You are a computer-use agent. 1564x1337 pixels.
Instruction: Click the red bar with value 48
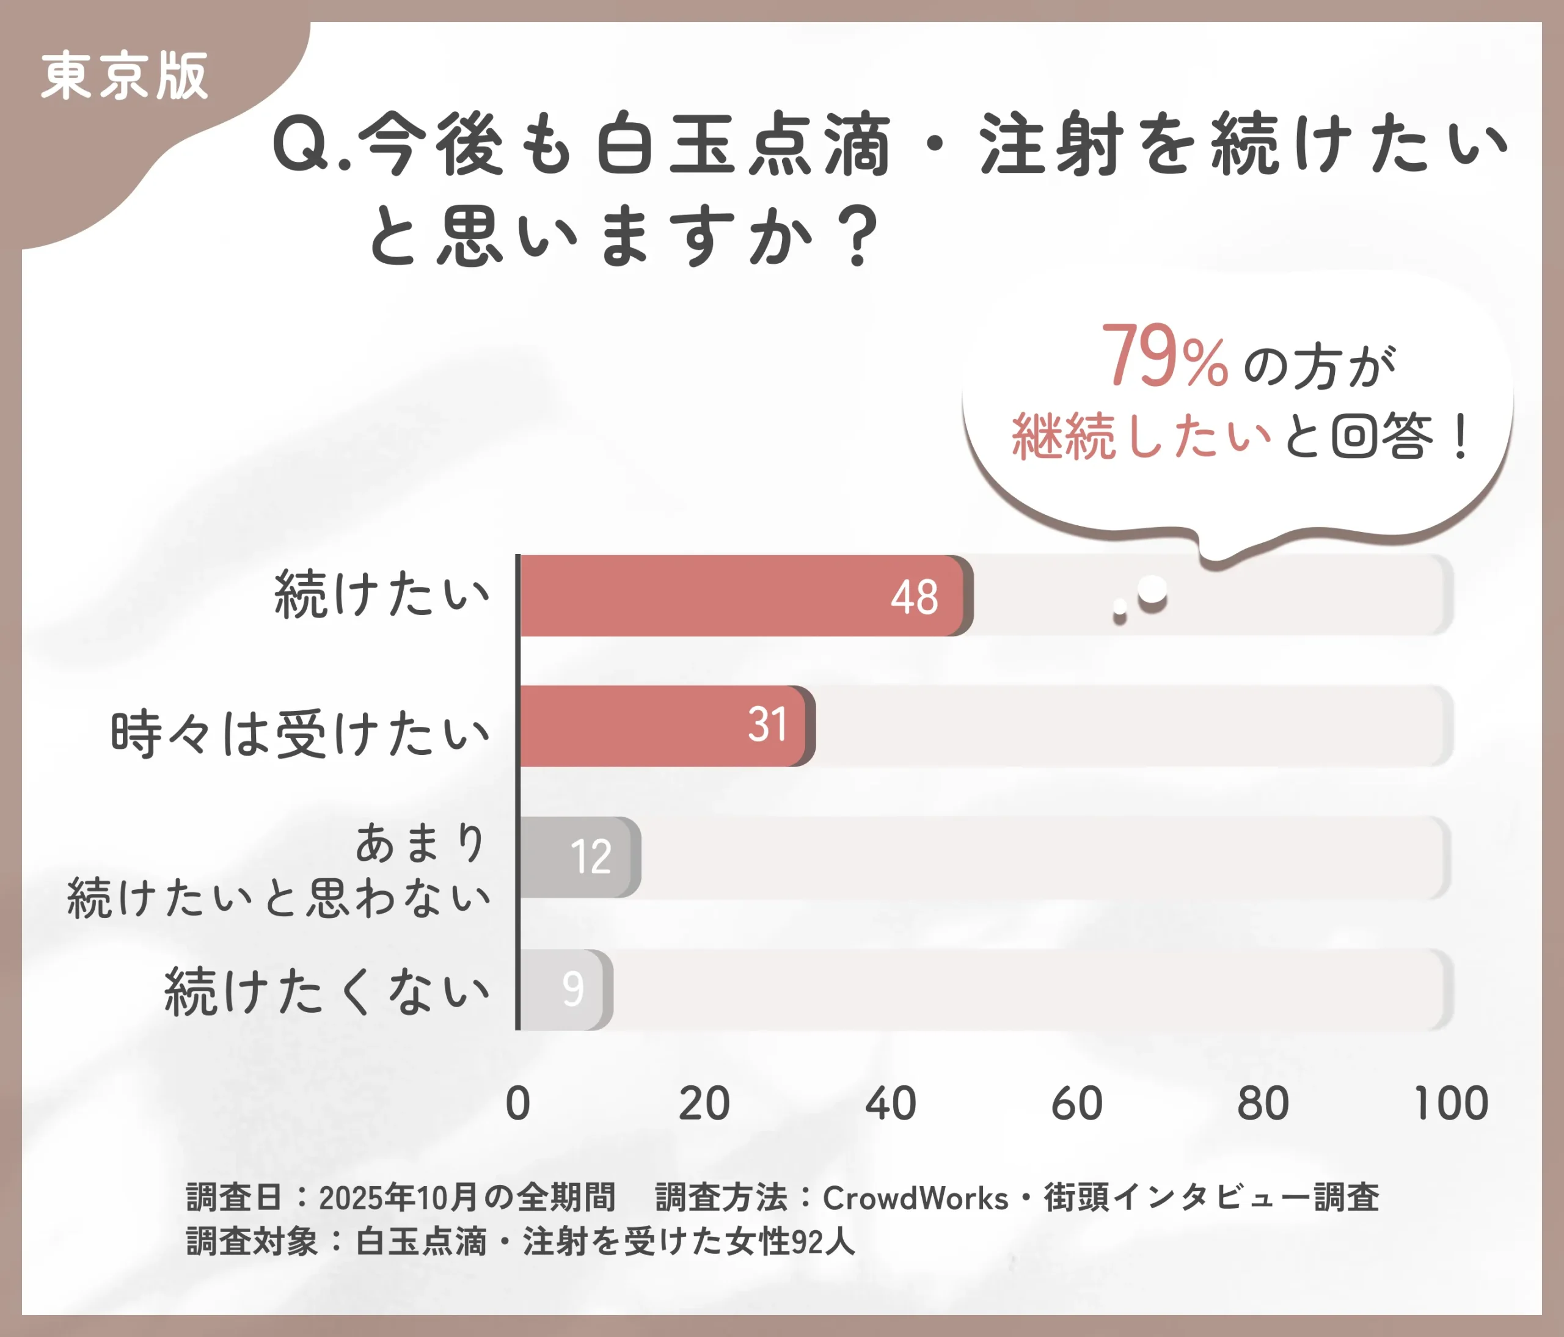(x=744, y=596)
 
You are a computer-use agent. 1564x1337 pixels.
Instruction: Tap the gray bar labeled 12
(x=579, y=857)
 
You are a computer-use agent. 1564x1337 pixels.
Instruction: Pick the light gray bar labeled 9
(x=565, y=989)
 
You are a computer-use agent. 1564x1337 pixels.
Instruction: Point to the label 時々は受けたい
(x=301, y=734)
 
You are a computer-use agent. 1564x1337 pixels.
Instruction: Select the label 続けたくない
(x=327, y=991)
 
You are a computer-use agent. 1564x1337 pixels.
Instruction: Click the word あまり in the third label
(x=420, y=843)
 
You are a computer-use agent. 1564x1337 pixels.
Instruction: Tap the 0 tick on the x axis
(x=518, y=1104)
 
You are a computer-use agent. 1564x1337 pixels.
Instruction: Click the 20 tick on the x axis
(x=704, y=1104)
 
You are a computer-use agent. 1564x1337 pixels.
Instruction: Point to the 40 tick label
(x=890, y=1104)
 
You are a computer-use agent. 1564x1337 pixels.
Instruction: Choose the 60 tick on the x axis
(x=1076, y=1104)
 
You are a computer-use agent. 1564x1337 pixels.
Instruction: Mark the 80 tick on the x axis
(x=1262, y=1104)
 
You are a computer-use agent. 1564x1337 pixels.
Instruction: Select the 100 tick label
(x=1450, y=1104)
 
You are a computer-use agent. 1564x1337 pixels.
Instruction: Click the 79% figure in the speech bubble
(x=1163, y=357)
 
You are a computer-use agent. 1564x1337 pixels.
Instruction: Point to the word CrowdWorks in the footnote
(x=915, y=1198)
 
